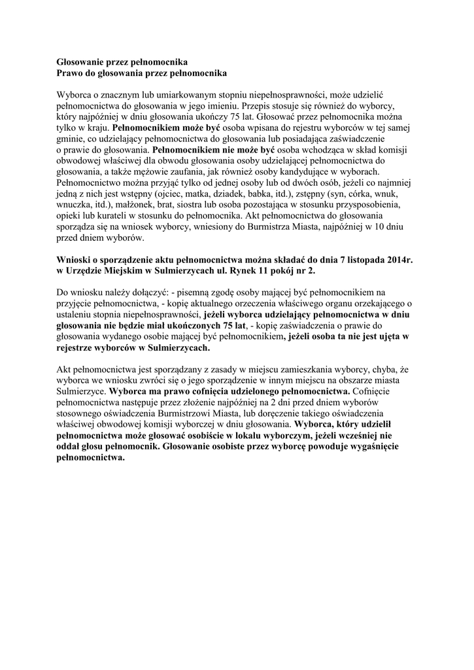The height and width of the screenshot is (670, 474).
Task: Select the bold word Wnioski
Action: click(x=75, y=260)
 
